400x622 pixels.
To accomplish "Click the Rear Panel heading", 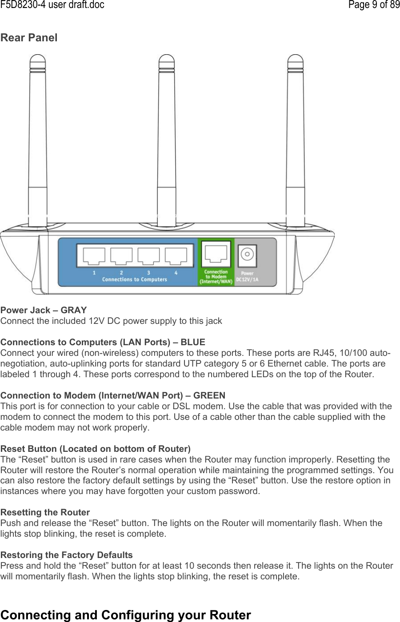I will pyautogui.click(x=29, y=38).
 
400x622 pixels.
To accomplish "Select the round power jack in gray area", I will pyautogui.click(x=247, y=254).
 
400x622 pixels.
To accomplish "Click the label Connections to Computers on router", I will pyautogui.click(x=135, y=279).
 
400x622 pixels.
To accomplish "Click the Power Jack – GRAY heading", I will pyautogui.click(x=44, y=310).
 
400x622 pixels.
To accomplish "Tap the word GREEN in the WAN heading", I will pyautogui.click(x=210, y=395).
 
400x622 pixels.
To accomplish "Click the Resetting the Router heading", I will pyautogui.click(x=45, y=513).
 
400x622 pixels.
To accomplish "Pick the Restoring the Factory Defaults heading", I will pyautogui.click(x=66, y=555).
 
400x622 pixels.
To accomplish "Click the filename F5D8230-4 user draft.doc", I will pyautogui.click(x=52, y=5).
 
